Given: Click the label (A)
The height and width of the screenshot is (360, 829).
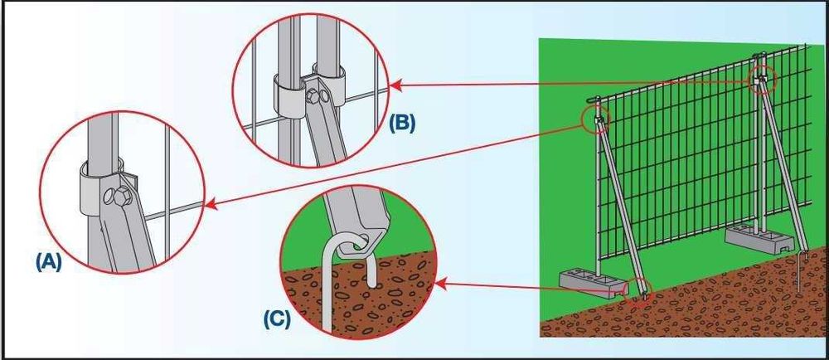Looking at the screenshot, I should (49, 262).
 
